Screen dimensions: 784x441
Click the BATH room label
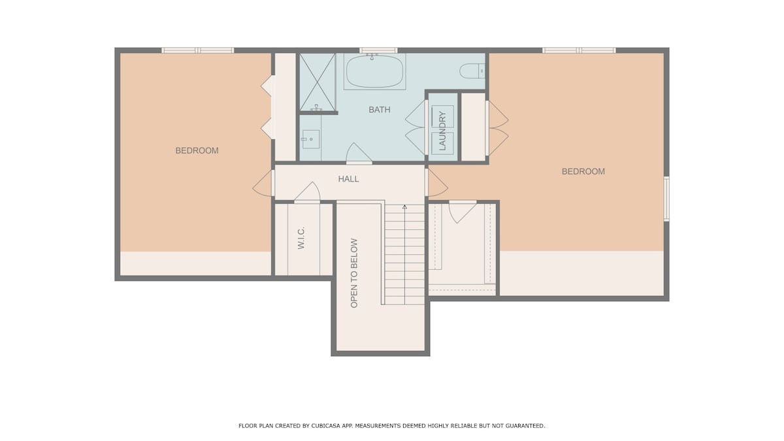click(x=380, y=110)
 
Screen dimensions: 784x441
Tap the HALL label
click(x=348, y=179)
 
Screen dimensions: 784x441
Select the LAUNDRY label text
click(x=442, y=131)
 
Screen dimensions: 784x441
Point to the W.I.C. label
click(x=301, y=238)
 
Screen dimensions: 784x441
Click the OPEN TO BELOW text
click(x=354, y=273)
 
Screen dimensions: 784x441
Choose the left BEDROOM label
click(x=197, y=151)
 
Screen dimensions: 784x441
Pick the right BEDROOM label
click(x=583, y=171)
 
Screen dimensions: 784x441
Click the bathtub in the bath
click(x=374, y=71)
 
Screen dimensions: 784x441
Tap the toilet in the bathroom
click(x=472, y=71)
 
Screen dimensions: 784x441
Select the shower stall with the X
click(x=318, y=82)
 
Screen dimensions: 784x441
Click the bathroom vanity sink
click(x=310, y=139)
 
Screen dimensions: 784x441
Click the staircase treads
click(x=404, y=254)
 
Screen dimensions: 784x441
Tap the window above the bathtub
click(x=378, y=50)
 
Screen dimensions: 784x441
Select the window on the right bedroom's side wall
click(x=666, y=199)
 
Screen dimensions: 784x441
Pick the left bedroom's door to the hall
click(x=263, y=183)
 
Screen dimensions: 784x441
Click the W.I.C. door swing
click(x=307, y=192)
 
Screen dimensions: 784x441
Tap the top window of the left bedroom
click(x=198, y=50)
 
